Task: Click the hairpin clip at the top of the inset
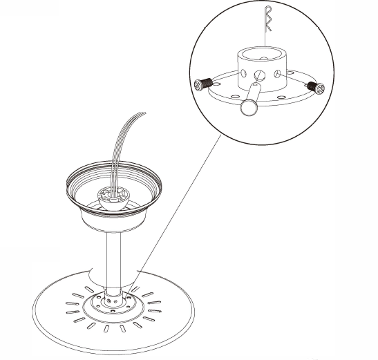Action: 270,15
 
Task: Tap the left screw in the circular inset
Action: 200,84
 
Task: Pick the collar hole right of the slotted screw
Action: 277,73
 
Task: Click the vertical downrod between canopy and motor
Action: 115,256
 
